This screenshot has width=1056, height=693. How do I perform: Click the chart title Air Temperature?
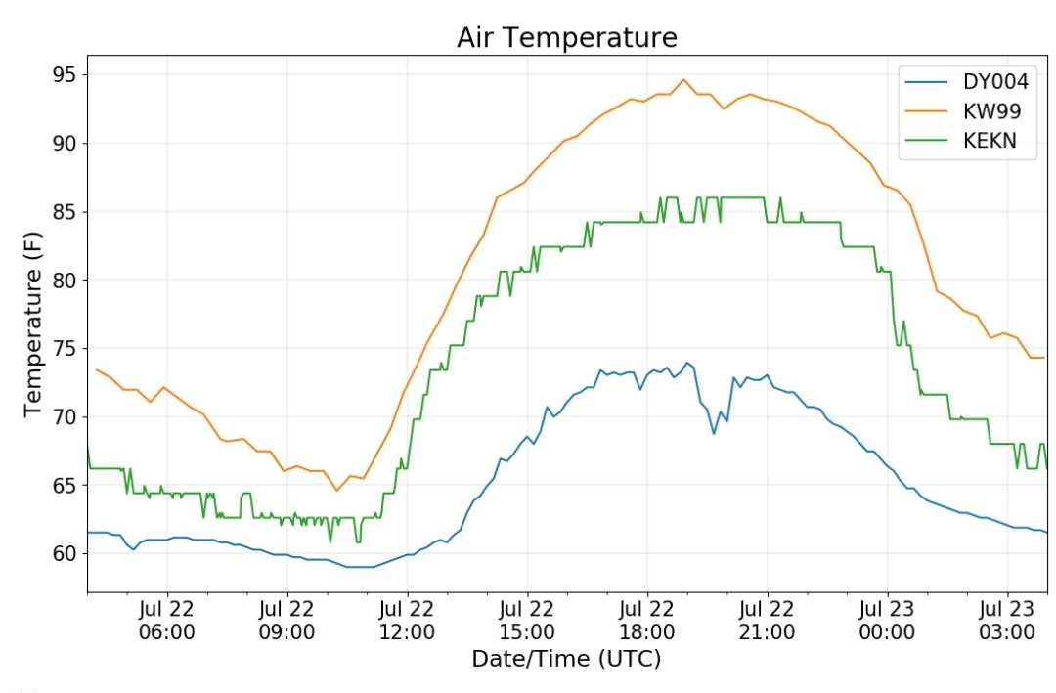[x=567, y=38]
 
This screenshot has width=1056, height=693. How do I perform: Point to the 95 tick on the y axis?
[x=65, y=74]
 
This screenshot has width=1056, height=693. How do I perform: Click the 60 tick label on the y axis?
[x=65, y=553]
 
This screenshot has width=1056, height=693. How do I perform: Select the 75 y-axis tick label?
[x=65, y=348]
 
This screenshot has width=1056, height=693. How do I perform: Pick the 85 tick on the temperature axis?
[x=65, y=211]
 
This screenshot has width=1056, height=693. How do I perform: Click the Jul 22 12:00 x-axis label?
[x=407, y=621]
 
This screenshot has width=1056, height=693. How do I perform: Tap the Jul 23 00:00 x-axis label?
[x=887, y=621]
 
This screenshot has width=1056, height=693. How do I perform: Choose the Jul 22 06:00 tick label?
[x=167, y=621]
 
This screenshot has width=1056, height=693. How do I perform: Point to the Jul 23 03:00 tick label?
[x=1007, y=621]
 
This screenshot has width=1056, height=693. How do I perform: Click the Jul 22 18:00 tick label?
[x=646, y=621]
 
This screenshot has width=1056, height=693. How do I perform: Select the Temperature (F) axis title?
[x=32, y=324]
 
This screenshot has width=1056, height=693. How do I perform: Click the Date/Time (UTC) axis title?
[x=566, y=658]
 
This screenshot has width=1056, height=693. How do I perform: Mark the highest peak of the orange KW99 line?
[x=683, y=79]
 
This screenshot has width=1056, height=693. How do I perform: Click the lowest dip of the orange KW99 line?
[x=336, y=490]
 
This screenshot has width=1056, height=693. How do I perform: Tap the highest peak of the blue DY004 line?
[x=687, y=363]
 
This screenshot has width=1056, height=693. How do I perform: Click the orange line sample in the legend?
[x=926, y=111]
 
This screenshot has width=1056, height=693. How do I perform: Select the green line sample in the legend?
[x=926, y=141]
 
